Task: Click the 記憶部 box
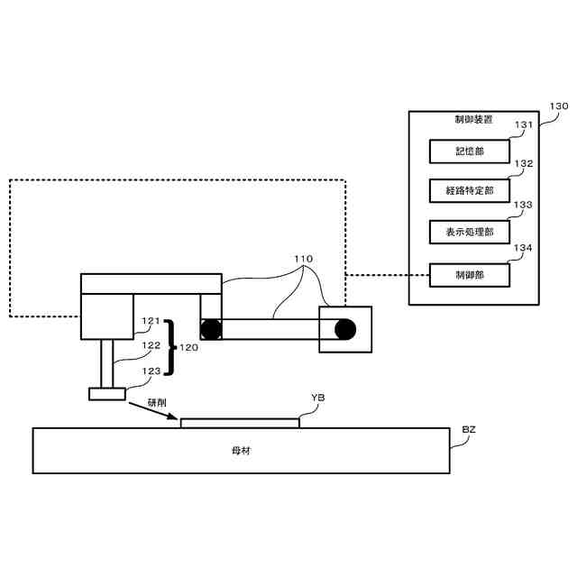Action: coord(469,151)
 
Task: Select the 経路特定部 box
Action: coord(469,191)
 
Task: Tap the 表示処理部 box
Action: coord(469,232)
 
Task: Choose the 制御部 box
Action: coord(469,274)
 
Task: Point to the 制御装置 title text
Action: coord(473,120)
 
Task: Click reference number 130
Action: coord(559,105)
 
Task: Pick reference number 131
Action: coord(524,125)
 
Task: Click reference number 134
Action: coord(524,247)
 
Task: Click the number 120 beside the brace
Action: coord(188,347)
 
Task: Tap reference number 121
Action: coord(151,321)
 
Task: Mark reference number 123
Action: coord(151,371)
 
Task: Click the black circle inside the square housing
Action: coord(344,330)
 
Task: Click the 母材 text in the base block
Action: coord(241,450)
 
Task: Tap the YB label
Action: coord(317,398)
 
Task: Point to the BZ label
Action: coord(469,429)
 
